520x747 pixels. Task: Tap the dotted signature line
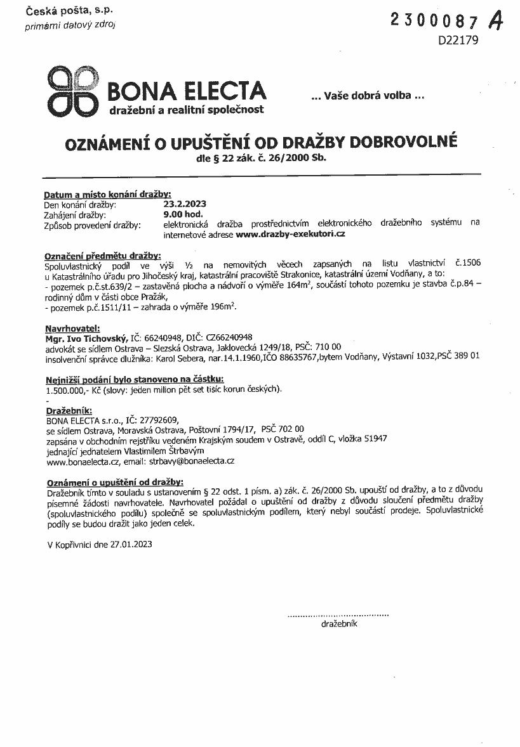[x=338, y=614]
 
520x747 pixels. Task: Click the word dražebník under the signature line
[x=340, y=624]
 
